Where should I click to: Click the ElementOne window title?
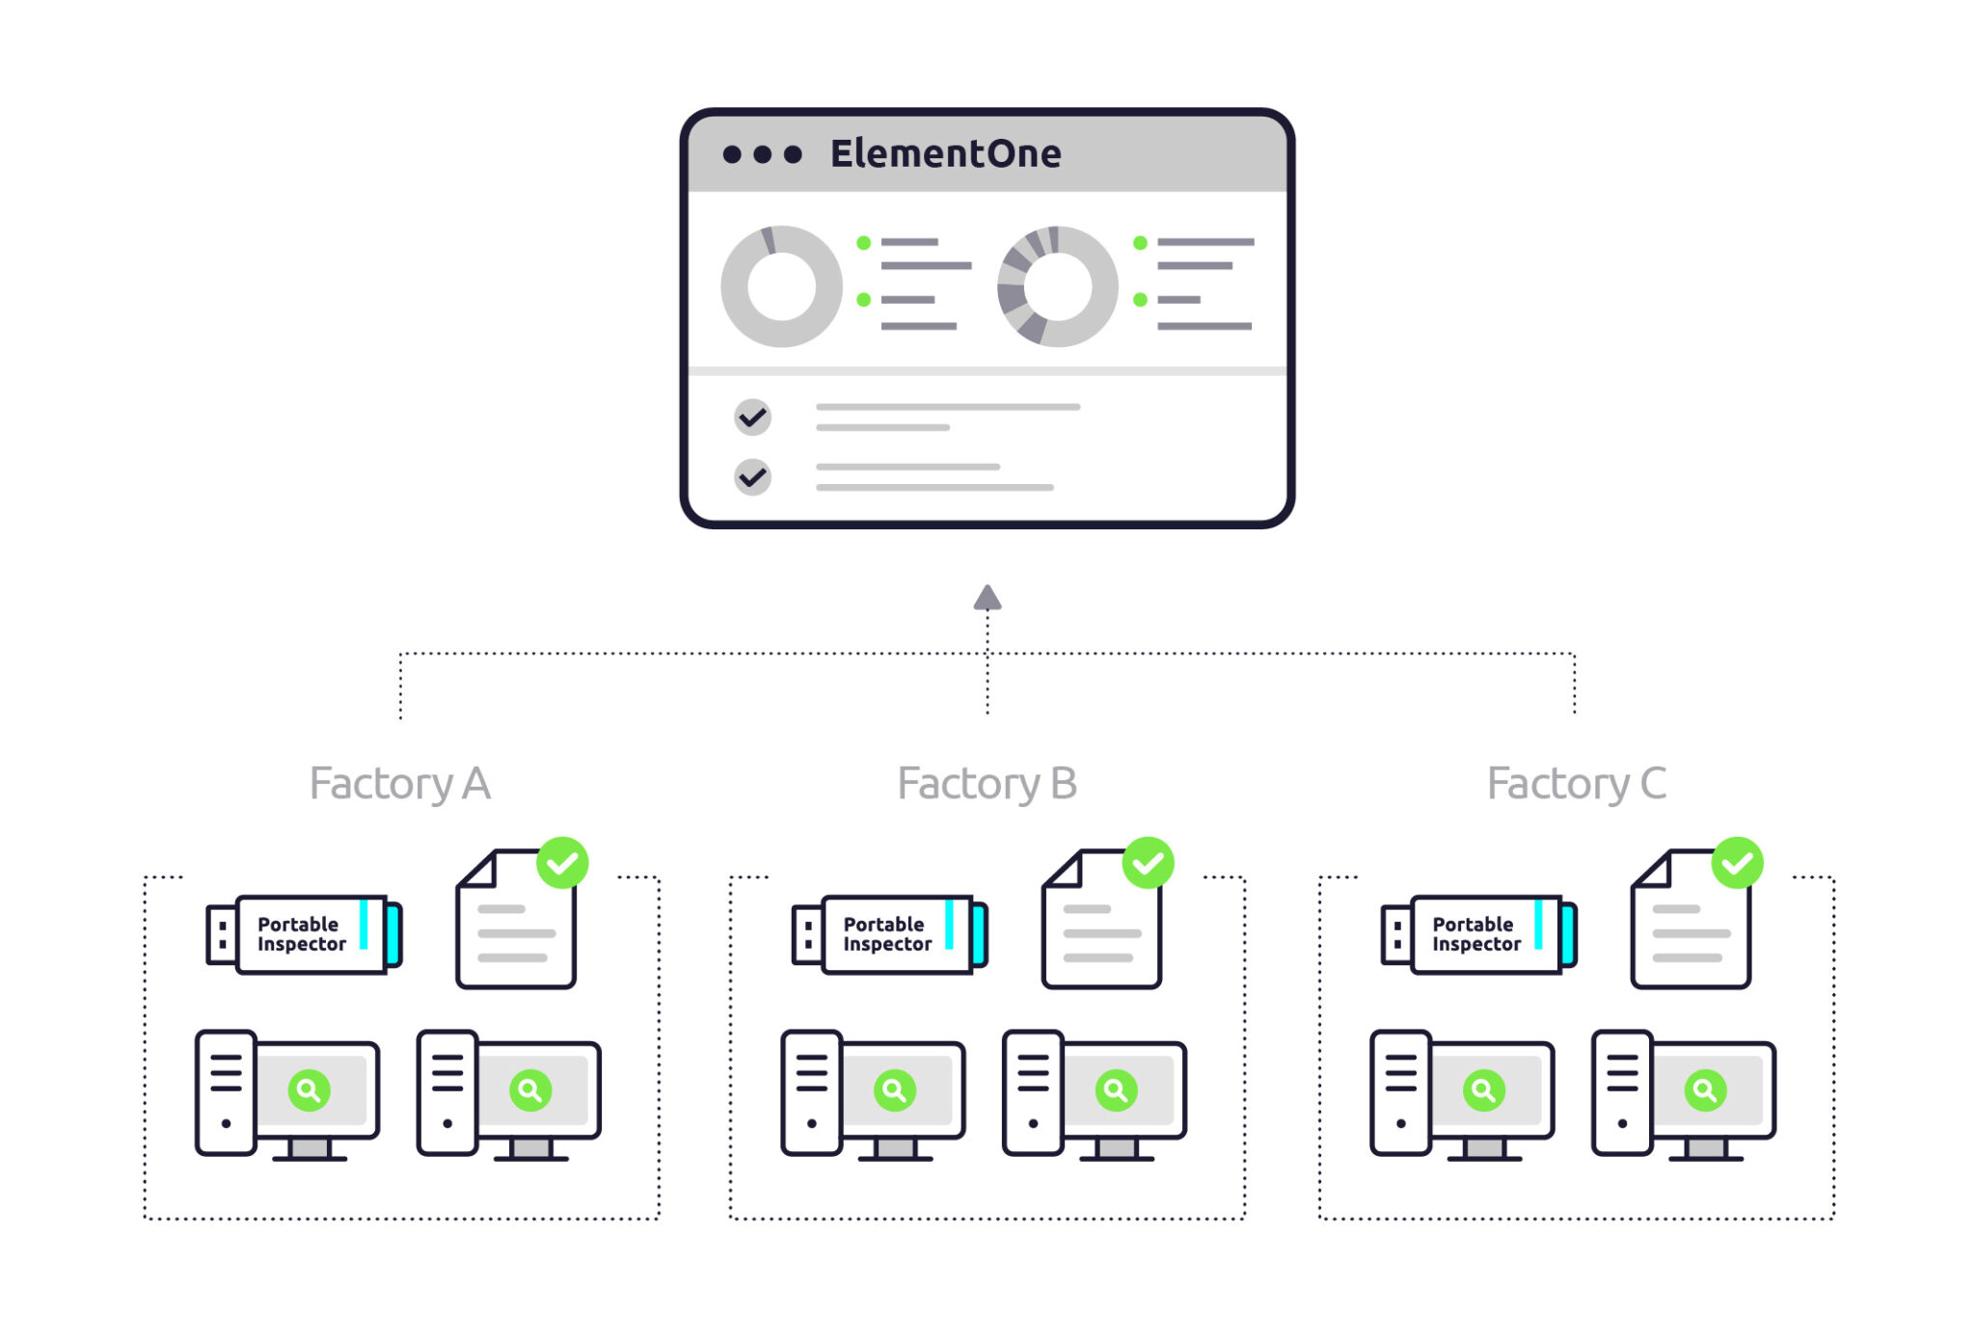[945, 154]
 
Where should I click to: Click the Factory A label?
[399, 783]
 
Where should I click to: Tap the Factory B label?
[987, 783]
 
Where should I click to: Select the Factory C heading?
[1576, 783]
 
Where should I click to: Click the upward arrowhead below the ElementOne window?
[987, 599]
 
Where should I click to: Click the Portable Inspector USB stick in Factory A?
[305, 934]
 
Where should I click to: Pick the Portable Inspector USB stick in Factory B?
[890, 934]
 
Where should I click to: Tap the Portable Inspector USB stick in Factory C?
[1479, 934]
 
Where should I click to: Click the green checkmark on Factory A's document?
[562, 863]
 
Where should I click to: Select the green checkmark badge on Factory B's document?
[1148, 863]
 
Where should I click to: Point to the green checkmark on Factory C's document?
[1737, 863]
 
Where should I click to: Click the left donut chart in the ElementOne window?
[781, 286]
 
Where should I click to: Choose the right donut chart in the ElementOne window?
[1057, 286]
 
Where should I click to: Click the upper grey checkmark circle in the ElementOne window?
[752, 417]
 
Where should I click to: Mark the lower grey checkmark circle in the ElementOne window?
[752, 477]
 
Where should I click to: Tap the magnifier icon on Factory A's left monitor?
[309, 1090]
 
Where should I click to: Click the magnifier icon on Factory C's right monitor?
[1705, 1090]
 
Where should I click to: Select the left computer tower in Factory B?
[811, 1092]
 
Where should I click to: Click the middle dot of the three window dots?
[762, 154]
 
